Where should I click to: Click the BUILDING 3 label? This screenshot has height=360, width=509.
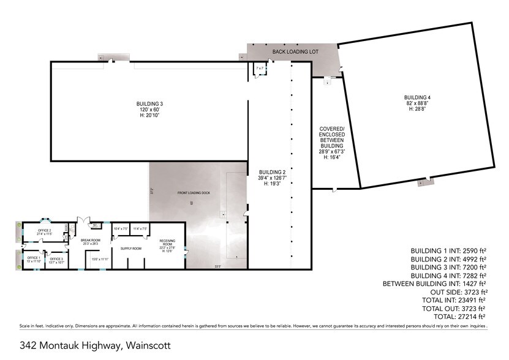[149, 104]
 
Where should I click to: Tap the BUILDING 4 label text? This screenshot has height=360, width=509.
[417, 98]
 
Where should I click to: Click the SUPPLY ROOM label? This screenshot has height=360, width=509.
[130, 249]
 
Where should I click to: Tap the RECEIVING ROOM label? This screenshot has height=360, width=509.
[167, 244]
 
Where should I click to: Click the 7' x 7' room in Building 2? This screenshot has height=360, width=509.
[260, 68]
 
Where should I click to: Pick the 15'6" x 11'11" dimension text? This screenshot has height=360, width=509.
[100, 260]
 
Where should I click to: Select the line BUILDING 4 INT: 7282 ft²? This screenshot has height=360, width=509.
[448, 276]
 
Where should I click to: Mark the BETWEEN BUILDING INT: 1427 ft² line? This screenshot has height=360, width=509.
[434, 283]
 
